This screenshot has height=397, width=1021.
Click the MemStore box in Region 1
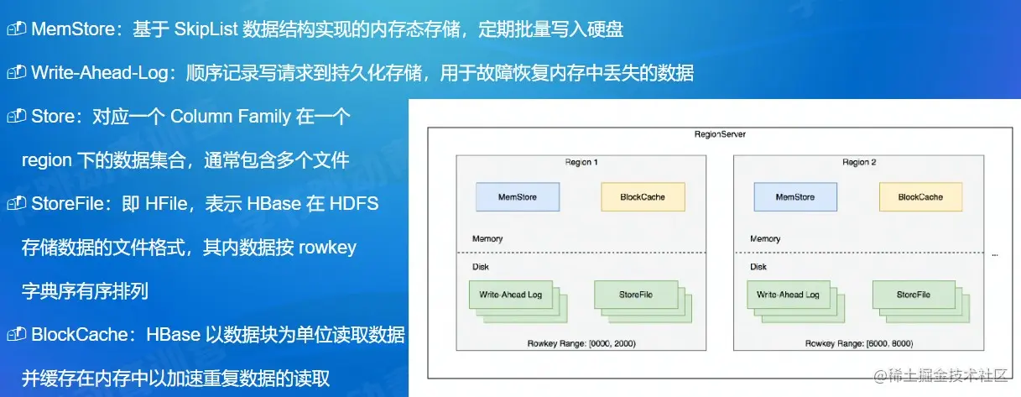pyautogui.click(x=517, y=197)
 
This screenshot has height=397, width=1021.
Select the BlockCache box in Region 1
pyautogui.click(x=643, y=197)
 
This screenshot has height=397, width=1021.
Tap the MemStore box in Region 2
pyautogui.click(x=794, y=197)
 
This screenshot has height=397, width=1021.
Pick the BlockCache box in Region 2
pyautogui.click(x=920, y=197)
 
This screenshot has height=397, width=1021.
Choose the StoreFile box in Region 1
pyautogui.click(x=635, y=295)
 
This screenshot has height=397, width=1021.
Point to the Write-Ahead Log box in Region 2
pyautogui.click(x=788, y=295)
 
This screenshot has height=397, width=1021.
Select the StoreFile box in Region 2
pyautogui.click(x=913, y=295)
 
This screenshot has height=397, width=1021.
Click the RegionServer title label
pyautogui.click(x=719, y=134)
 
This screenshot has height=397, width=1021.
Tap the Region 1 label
pyautogui.click(x=581, y=162)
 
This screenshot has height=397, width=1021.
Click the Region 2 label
pyautogui.click(x=859, y=162)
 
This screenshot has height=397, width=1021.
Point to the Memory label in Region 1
pyautogui.click(x=487, y=239)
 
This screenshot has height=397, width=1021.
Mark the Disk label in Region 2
pyautogui.click(x=758, y=267)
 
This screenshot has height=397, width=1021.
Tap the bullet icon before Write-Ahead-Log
pyautogui.click(x=16, y=73)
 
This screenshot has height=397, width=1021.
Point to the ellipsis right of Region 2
pyautogui.click(x=995, y=253)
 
